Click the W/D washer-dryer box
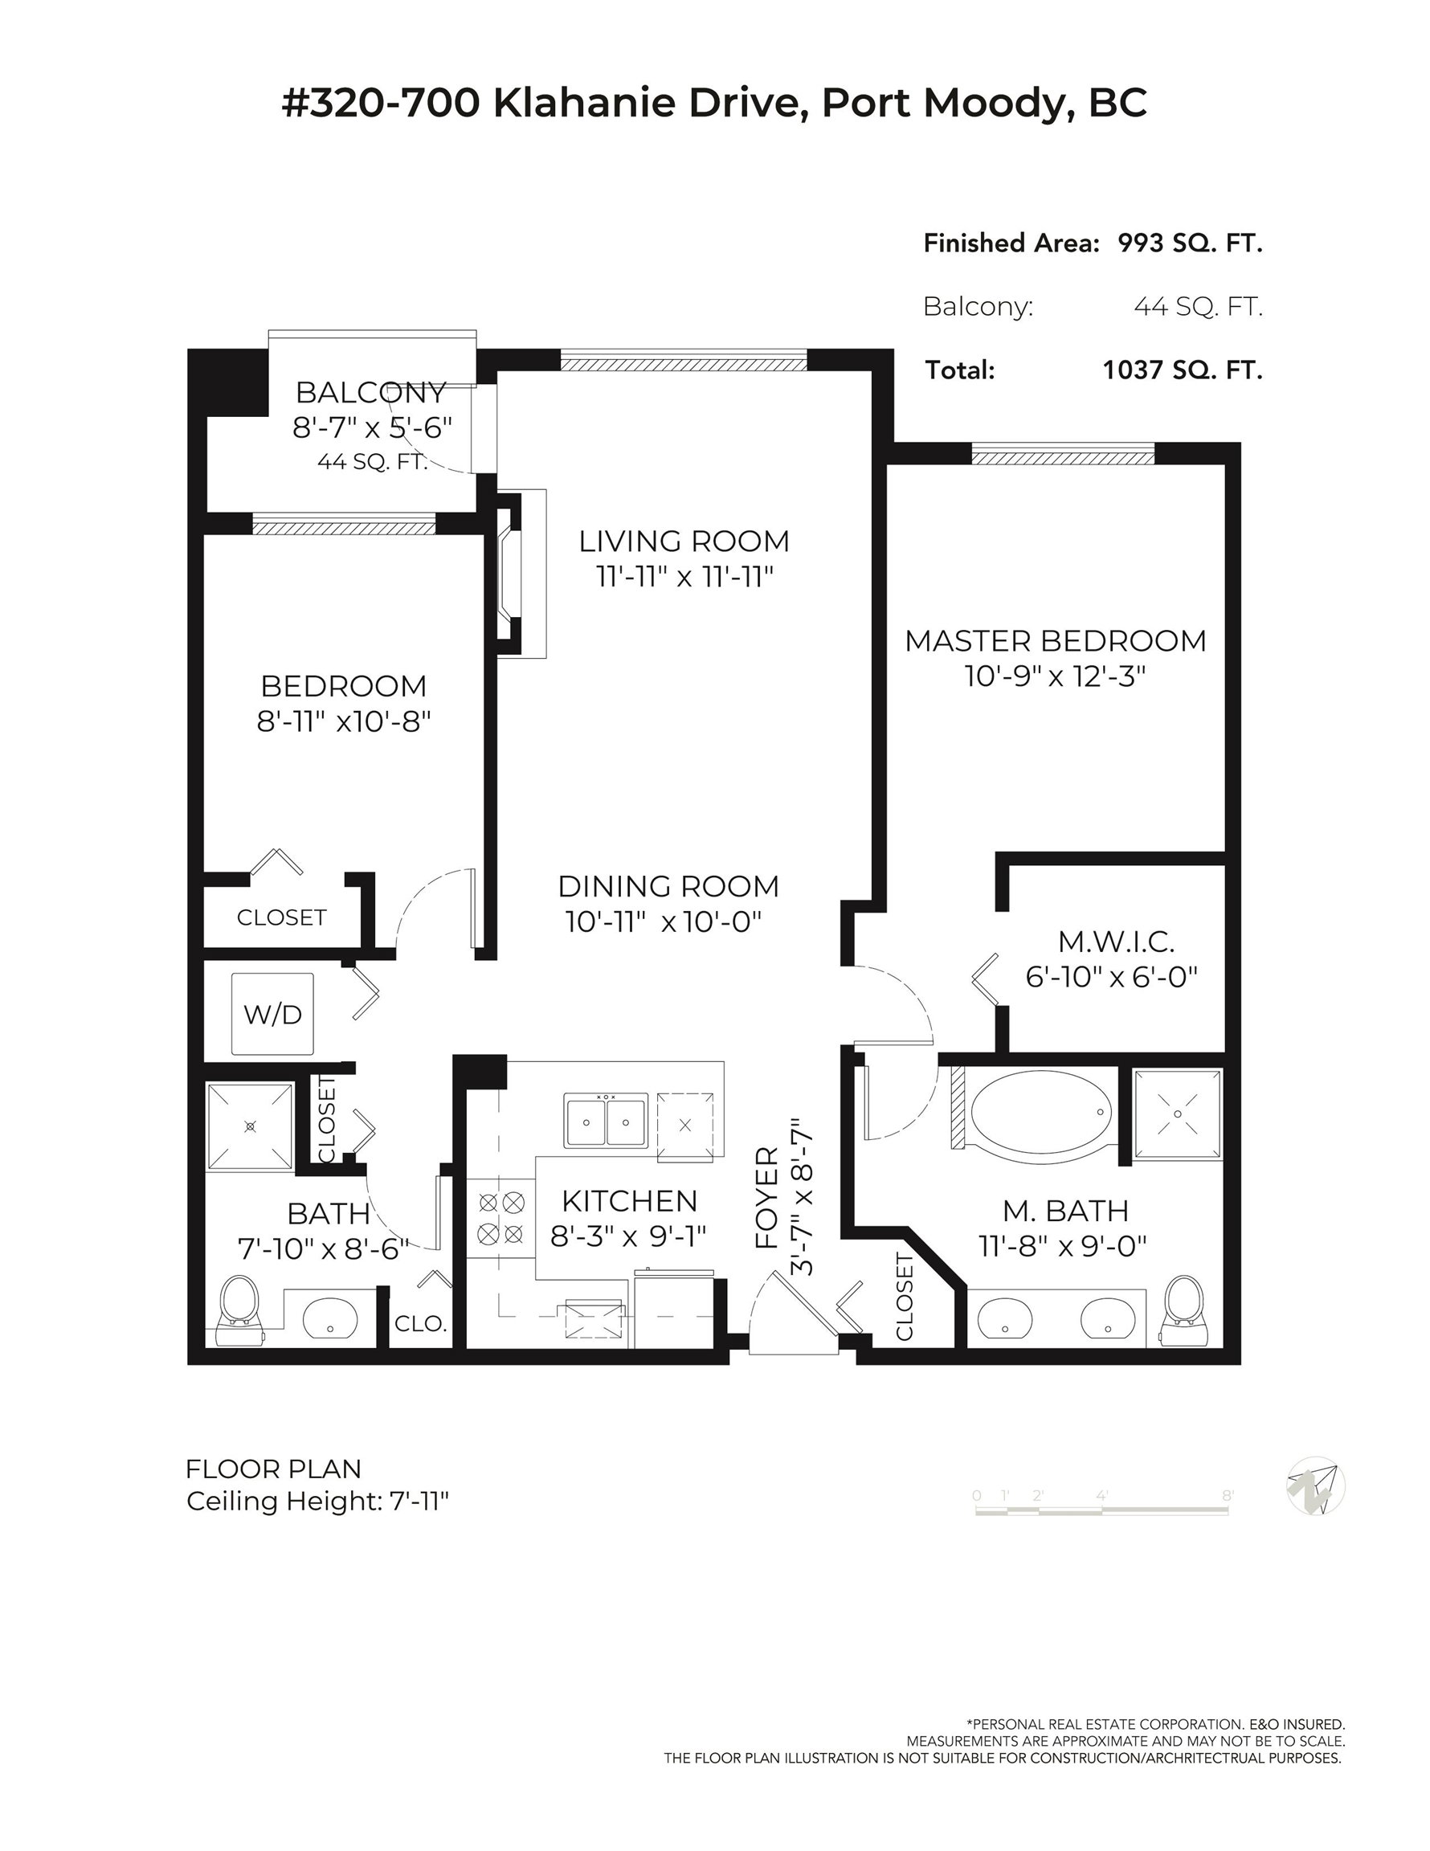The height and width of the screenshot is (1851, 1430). [273, 1014]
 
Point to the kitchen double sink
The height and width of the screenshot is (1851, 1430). [606, 1121]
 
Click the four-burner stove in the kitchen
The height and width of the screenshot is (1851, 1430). [500, 1218]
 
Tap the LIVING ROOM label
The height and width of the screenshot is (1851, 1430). [684, 541]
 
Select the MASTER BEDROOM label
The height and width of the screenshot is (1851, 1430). [1056, 641]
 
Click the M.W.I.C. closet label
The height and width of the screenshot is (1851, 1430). [1116, 942]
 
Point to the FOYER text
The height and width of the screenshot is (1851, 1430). [767, 1198]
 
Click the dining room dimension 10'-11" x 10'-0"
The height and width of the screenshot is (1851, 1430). [664, 921]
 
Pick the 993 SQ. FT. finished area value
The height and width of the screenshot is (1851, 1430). [1190, 243]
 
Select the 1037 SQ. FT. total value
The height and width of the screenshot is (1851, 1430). [1183, 370]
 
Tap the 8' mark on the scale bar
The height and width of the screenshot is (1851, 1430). [1227, 1495]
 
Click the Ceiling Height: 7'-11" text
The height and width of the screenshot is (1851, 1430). [317, 1501]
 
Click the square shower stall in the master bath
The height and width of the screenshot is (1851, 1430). [1179, 1113]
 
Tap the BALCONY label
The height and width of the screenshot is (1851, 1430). [371, 392]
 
